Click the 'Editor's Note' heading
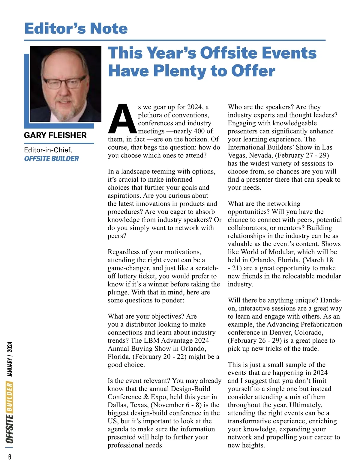[76, 28]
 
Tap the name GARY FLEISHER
[55, 135]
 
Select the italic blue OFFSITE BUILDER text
[51, 159]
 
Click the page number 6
[10, 457]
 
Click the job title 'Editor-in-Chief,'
[48, 150]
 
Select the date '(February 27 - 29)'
[302, 155]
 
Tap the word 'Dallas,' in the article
[118, 405]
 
